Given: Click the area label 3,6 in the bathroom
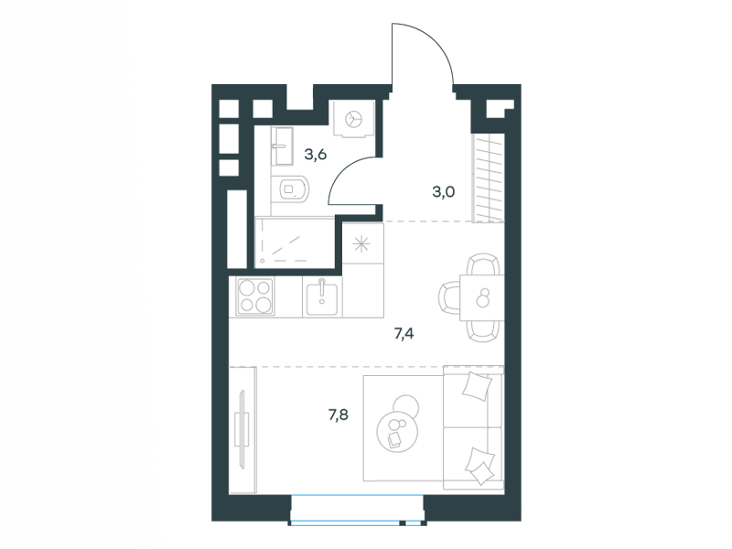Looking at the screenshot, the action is (315, 154).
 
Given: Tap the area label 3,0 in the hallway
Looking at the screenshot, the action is (443, 192).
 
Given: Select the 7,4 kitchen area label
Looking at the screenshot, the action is (404, 334).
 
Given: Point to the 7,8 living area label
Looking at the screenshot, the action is (338, 414).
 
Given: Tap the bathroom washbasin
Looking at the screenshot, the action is (282, 145).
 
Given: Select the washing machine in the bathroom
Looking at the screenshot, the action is (353, 119).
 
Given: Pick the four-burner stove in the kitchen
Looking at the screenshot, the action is (255, 296).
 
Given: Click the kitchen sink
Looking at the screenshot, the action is (322, 297).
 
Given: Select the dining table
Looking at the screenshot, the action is (482, 298).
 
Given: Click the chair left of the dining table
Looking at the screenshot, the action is (449, 298).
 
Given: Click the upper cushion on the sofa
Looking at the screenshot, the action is (477, 385).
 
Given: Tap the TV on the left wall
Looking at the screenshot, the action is (242, 428).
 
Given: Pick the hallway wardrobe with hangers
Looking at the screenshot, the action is (489, 178).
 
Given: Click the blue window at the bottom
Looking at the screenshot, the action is (358, 511).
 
